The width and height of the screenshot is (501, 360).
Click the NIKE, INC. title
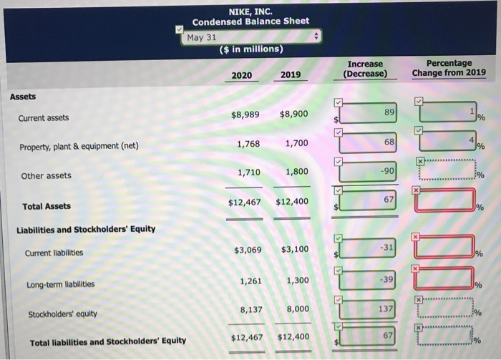249,10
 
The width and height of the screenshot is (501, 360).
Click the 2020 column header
241,74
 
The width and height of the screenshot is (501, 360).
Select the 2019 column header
290,74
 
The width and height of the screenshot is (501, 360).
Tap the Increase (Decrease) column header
365,69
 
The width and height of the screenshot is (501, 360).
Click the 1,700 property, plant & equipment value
296,143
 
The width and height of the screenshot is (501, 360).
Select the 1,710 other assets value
249,172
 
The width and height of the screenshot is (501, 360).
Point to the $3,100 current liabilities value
295,249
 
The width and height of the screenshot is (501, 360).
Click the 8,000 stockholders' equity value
296,309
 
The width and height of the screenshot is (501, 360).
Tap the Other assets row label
46,175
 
